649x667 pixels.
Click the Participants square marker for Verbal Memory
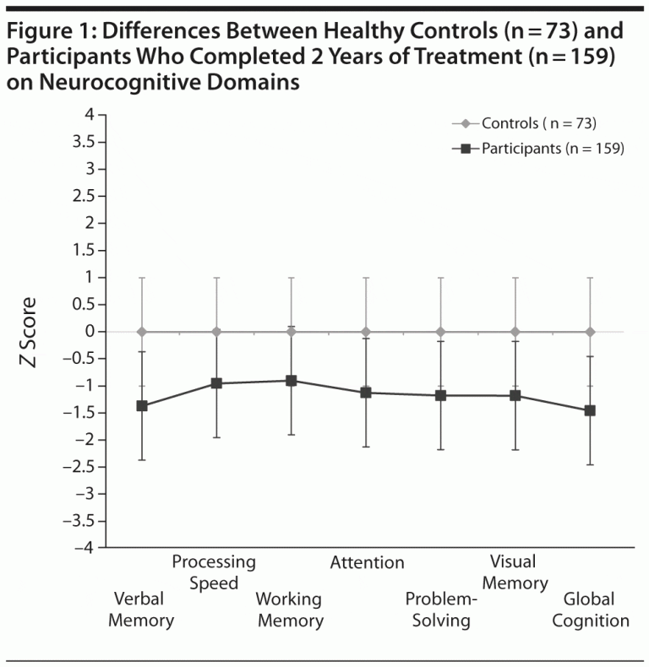click(142, 406)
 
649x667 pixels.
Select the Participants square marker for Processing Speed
click(216, 383)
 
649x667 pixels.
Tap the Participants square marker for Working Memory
click(292, 381)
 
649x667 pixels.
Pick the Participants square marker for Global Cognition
click(590, 410)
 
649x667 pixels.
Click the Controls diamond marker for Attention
click(366, 332)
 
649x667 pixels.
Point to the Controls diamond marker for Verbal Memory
click(142, 332)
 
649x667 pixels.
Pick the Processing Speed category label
click(214, 572)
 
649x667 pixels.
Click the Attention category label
click(367, 562)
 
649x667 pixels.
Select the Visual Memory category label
click(517, 572)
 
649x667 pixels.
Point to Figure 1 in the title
click(55, 33)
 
